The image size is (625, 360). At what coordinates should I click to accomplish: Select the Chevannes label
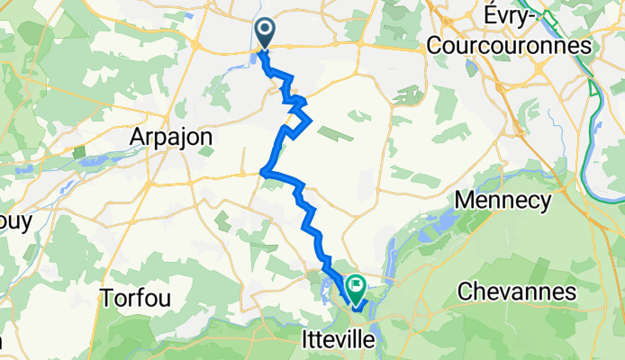(x=516, y=292)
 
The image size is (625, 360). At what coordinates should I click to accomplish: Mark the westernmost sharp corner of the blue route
(x=262, y=171)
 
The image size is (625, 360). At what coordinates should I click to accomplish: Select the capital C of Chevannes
(x=466, y=292)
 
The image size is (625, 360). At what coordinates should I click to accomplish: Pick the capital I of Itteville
(x=303, y=339)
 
